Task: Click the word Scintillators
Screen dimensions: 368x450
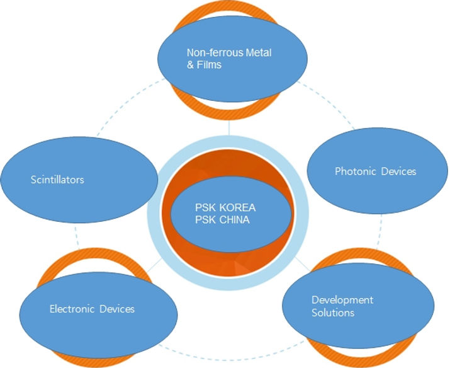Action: tap(57, 180)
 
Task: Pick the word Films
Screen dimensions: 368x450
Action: tap(209, 64)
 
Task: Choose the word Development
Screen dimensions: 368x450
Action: tap(342, 299)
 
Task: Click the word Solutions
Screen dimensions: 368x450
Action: tap(333, 312)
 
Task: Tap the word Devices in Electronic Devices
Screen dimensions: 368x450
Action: tap(116, 309)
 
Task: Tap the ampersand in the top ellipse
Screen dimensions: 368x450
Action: tap(191, 64)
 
